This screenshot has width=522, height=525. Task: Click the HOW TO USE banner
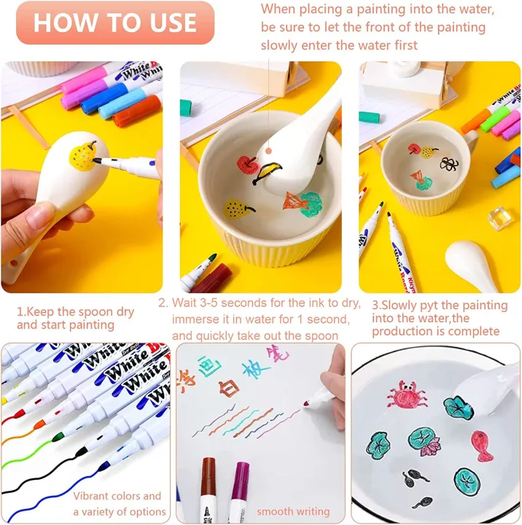coord(115,23)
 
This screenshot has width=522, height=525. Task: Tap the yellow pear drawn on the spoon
coord(83,155)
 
